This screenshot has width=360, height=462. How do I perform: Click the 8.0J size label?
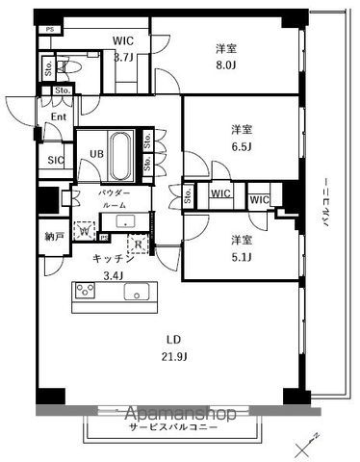point(227,67)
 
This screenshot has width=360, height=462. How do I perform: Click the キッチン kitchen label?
point(112,259)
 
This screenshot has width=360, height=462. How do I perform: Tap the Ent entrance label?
point(56,117)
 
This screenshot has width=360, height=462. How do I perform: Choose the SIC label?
point(55,162)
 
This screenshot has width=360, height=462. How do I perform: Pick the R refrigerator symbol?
point(140,244)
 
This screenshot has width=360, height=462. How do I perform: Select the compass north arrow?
point(309,439)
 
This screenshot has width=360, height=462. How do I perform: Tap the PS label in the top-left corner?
point(48,30)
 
